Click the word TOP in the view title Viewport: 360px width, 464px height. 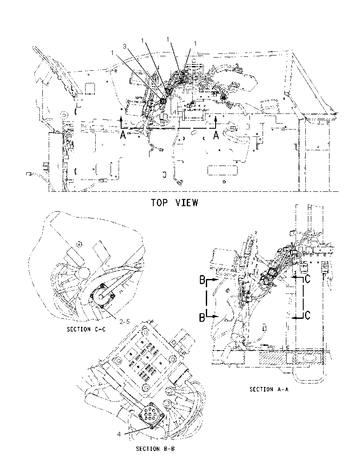160,203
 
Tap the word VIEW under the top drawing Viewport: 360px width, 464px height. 186,203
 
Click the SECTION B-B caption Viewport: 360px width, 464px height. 155,449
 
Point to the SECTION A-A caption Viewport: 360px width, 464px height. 269,389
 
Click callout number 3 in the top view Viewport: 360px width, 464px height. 125,47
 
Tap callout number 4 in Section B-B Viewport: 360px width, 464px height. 119,434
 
